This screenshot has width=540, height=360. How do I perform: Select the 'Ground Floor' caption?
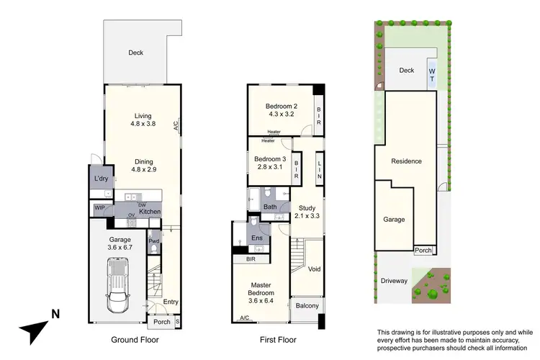tap(135, 340)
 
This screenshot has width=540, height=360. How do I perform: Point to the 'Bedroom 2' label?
tap(282, 106)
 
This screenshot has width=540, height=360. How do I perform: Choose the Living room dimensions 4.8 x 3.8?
tap(142, 124)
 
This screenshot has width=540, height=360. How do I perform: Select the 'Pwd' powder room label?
tap(153, 242)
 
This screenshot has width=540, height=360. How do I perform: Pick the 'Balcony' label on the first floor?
tap(307, 306)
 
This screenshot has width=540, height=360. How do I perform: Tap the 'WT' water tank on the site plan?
tap(432, 74)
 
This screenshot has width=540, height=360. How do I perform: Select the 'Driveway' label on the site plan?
tap(394, 280)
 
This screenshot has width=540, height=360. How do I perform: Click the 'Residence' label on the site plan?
tap(407, 161)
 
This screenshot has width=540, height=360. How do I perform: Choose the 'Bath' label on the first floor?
tap(269, 207)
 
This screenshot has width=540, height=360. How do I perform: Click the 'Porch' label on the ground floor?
tap(161, 322)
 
